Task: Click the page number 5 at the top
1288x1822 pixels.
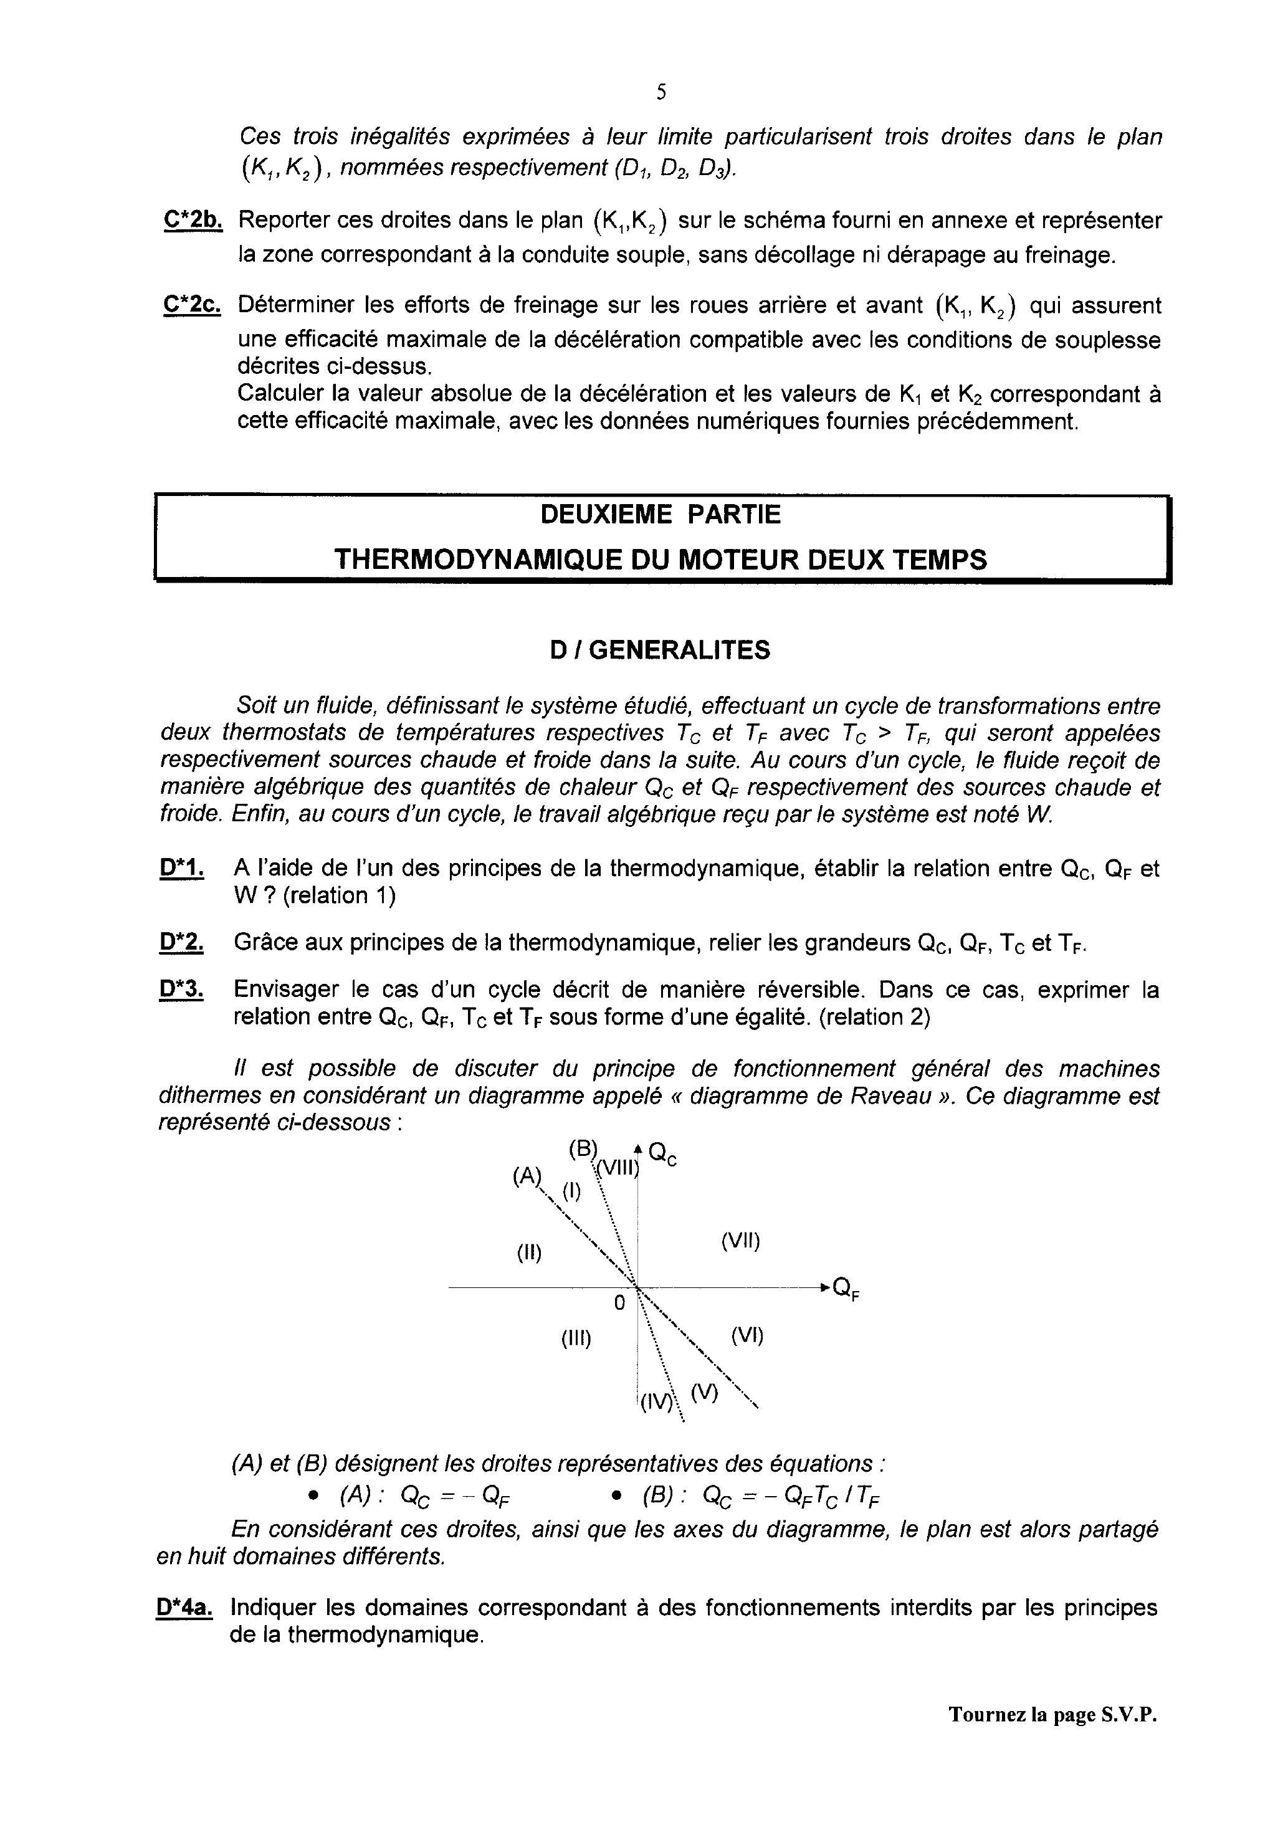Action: [x=661, y=93]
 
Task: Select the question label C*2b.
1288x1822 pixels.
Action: [x=192, y=221]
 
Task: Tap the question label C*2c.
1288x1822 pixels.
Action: [x=192, y=305]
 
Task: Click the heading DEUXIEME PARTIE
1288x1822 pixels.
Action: [x=661, y=515]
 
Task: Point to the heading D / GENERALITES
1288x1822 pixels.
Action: [x=661, y=651]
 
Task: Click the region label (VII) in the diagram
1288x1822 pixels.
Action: [x=740, y=1241]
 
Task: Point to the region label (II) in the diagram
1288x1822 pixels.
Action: [x=529, y=1253]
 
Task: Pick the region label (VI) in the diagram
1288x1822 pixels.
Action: [x=747, y=1335]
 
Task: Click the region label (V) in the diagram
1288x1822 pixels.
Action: [x=704, y=1392]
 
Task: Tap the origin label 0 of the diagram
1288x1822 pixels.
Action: [x=620, y=1302]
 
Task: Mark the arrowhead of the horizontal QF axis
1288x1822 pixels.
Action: [x=826, y=1285]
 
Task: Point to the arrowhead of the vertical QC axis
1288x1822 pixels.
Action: [x=638, y=1148]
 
